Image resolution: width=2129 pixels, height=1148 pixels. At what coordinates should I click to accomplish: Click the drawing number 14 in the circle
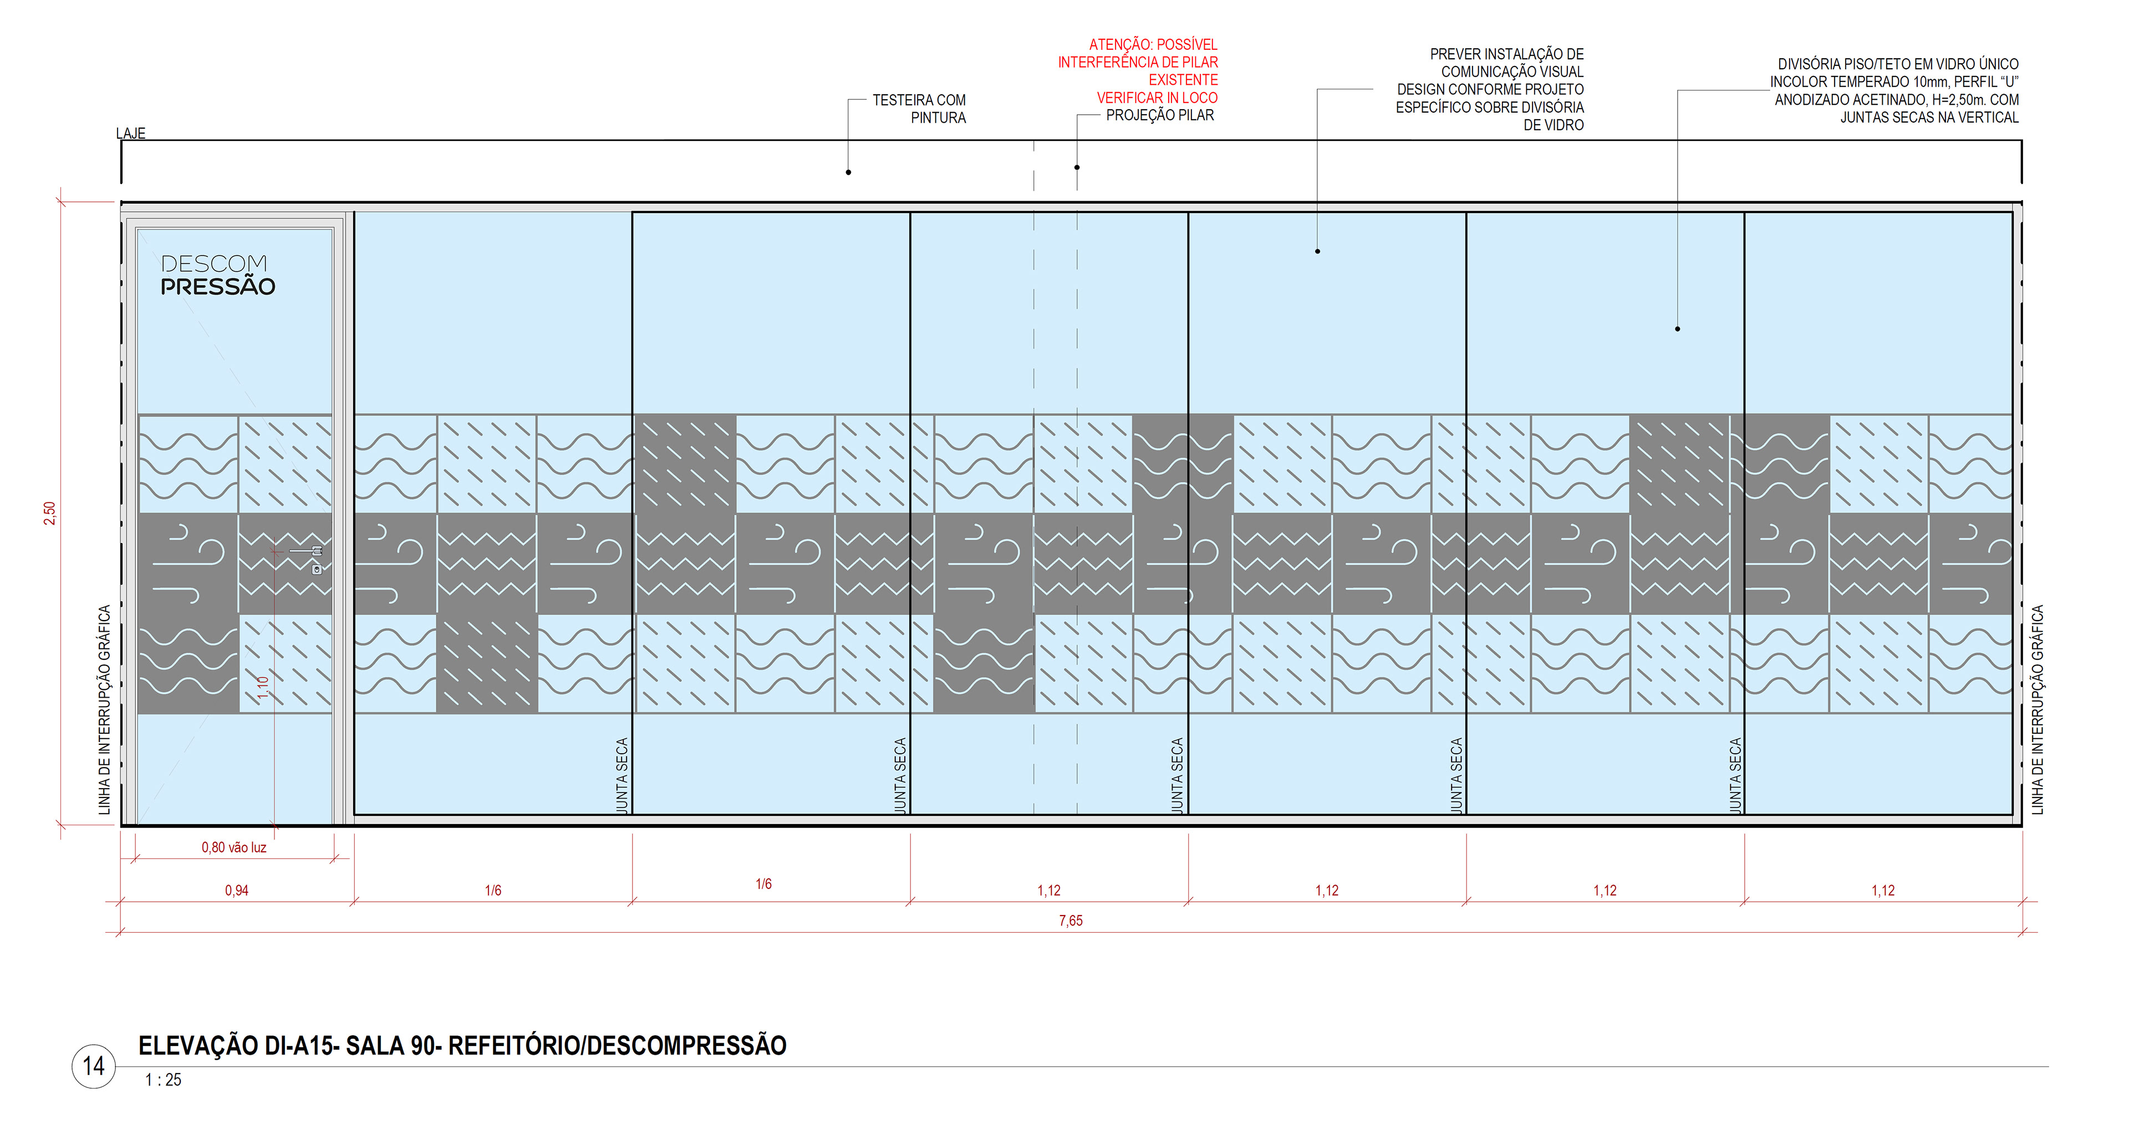[x=93, y=1066]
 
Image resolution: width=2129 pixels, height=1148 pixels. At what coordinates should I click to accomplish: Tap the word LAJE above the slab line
[x=131, y=133]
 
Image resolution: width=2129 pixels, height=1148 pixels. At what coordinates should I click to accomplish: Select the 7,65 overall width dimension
[x=1070, y=921]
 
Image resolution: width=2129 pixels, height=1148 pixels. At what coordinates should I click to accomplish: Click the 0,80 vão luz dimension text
[x=234, y=848]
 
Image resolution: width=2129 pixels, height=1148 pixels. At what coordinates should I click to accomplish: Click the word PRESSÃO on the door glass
[x=217, y=287]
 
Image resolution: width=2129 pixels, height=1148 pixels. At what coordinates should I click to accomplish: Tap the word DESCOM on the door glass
[x=214, y=263]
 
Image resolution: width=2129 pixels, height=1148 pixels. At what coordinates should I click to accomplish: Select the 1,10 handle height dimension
[x=263, y=688]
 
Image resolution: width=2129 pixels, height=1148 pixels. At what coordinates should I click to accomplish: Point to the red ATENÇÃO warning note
[x=1139, y=71]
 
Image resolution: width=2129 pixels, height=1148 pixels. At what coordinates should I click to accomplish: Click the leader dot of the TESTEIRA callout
[x=848, y=172]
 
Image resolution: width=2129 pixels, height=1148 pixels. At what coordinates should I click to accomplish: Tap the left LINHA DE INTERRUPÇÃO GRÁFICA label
[x=104, y=709]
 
